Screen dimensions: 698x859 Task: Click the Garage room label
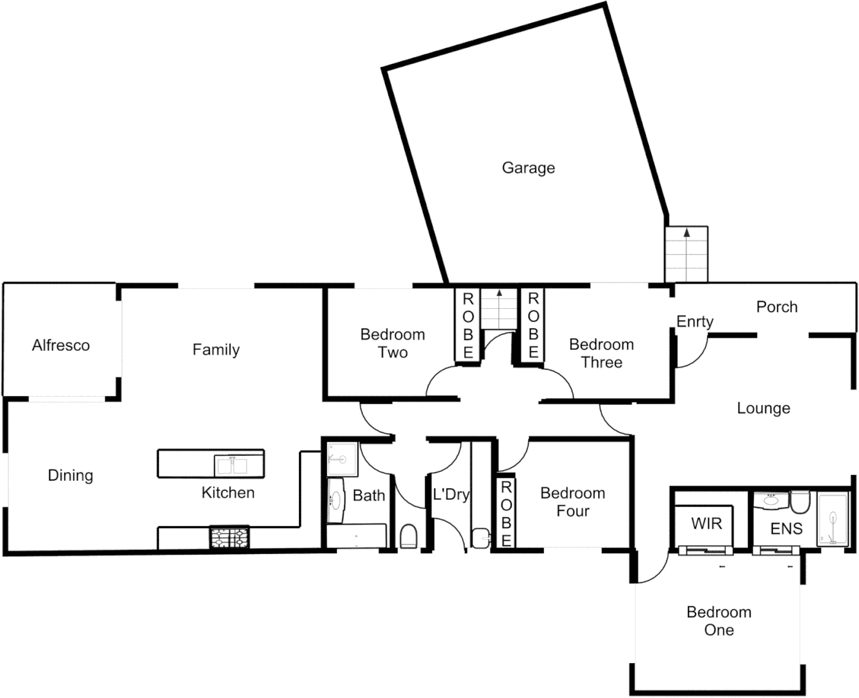pos(528,168)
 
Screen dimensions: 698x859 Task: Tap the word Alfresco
pos(61,345)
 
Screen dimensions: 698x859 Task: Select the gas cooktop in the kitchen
pos(229,538)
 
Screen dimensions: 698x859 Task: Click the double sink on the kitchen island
pos(231,465)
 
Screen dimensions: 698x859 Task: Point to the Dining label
pos(70,476)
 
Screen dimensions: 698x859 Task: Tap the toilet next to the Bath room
pos(408,536)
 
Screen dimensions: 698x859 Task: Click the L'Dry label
pos(450,495)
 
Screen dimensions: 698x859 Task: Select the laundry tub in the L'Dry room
pos(480,537)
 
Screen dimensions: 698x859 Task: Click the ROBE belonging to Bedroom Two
pos(468,326)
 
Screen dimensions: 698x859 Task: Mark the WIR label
pos(706,523)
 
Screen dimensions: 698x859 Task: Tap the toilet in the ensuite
pos(801,502)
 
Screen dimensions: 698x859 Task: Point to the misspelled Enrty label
pos(694,321)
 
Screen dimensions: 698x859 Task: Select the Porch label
pos(776,307)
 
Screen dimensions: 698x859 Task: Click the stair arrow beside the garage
pos(687,231)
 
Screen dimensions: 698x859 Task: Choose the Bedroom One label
pos(718,621)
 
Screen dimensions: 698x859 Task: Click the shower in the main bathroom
pos(342,460)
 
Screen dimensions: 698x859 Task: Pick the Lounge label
pos(763,408)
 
